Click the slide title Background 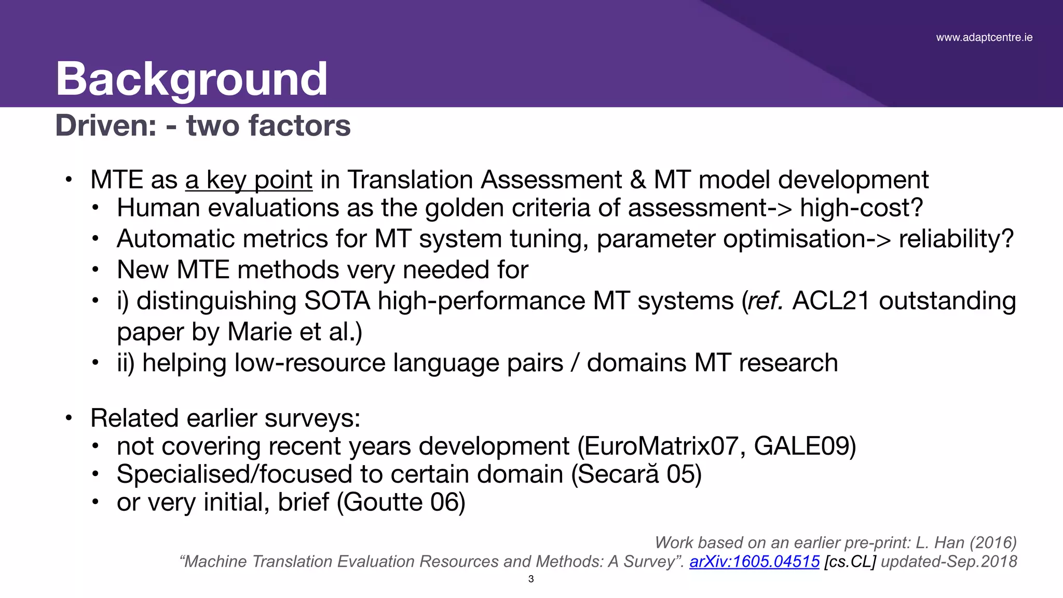point(192,79)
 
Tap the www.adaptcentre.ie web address point(984,37)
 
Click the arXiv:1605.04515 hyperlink point(754,561)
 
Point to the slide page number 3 point(531,579)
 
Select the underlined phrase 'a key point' point(249,180)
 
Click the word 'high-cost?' point(861,208)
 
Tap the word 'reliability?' point(956,239)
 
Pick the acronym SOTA point(337,301)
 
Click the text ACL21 point(831,301)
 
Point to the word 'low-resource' point(310,363)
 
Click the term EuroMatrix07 point(661,446)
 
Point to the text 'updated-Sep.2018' point(949,561)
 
